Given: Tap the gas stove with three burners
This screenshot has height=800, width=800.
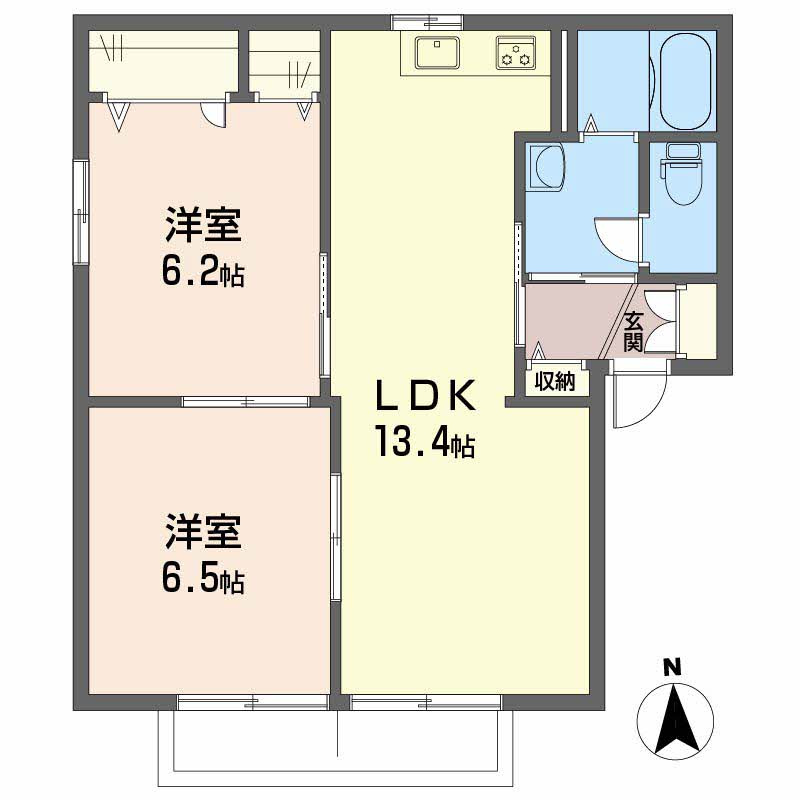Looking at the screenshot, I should tap(516, 54).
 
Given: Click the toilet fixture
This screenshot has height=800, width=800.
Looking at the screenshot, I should tap(682, 176).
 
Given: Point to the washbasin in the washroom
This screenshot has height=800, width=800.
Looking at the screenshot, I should tap(546, 165).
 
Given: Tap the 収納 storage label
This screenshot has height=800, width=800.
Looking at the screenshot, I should tap(555, 381).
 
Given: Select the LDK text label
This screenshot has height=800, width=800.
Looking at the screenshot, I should tap(423, 397).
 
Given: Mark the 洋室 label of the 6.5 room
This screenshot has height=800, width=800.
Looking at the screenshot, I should tap(203, 533).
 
